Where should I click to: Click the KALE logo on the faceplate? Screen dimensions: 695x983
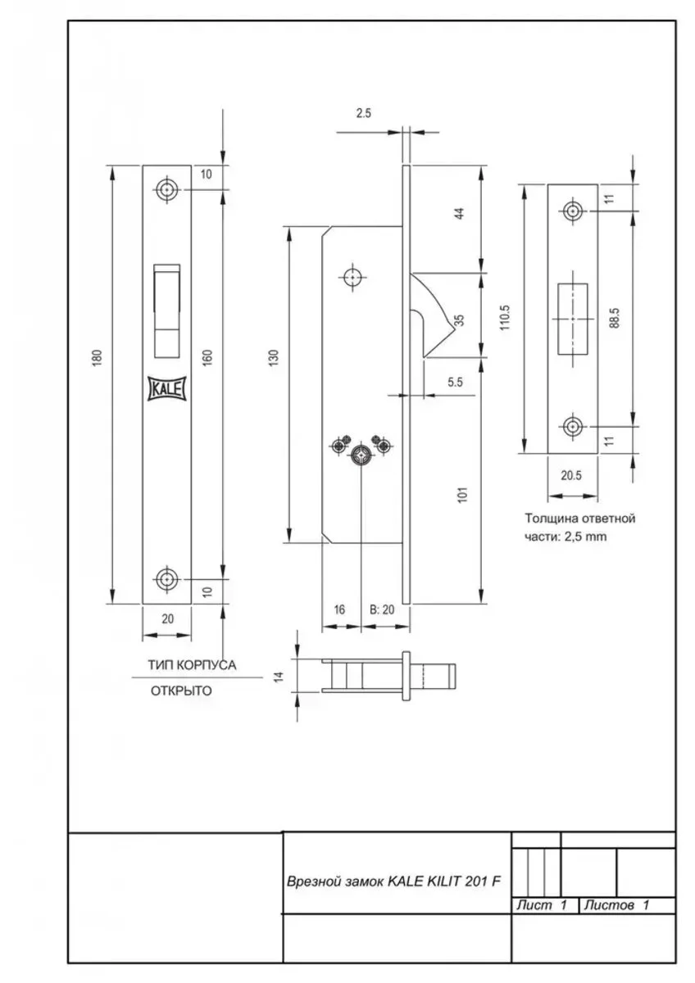click(167, 388)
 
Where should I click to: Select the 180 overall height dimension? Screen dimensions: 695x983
click(97, 358)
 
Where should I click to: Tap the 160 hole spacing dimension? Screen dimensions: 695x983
click(207, 358)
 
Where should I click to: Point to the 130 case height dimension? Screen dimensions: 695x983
click(273, 358)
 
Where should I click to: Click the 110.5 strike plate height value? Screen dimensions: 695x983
click(505, 317)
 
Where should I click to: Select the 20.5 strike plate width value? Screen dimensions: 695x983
click(570, 475)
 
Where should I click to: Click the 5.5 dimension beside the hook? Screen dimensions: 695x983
click(455, 382)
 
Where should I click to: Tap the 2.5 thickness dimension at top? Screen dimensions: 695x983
click(364, 113)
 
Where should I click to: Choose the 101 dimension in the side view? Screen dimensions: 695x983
click(463, 495)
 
